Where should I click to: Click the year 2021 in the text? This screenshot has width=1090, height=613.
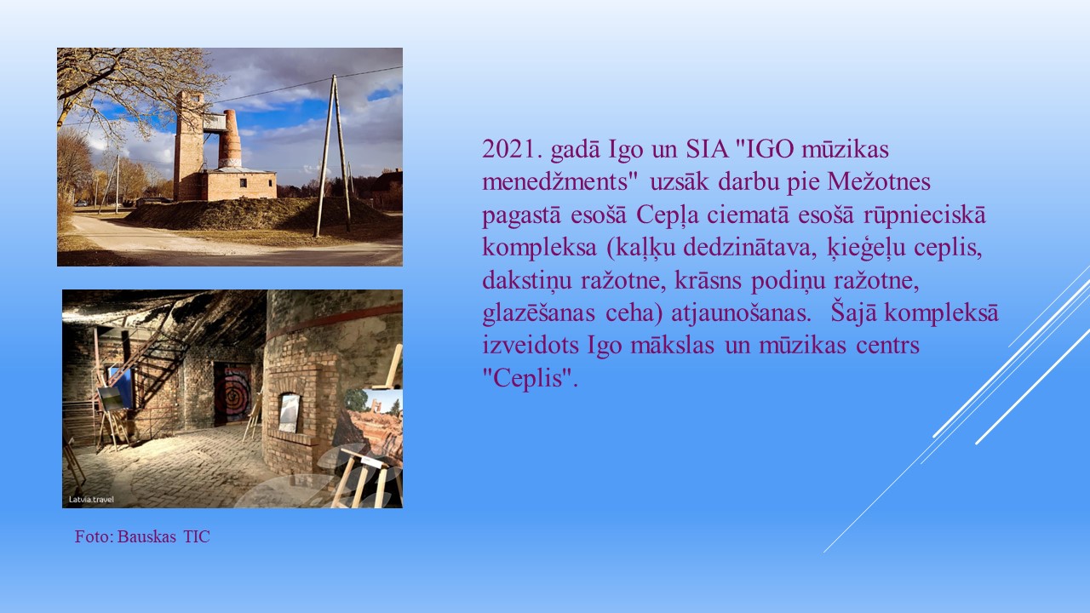pyautogui.click(x=512, y=149)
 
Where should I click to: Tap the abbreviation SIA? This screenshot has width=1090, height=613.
pyautogui.click(x=707, y=149)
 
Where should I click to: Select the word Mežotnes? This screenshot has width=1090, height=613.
pyautogui.click(x=879, y=181)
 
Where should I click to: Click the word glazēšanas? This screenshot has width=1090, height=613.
pyautogui.click(x=538, y=313)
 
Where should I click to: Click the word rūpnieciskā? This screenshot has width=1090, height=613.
pyautogui.click(x=925, y=215)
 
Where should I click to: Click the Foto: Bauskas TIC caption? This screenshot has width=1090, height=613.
pyautogui.click(x=142, y=536)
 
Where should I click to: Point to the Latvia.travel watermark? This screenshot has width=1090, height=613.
pyautogui.click(x=91, y=500)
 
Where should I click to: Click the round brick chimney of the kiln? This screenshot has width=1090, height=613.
pyautogui.click(x=230, y=139)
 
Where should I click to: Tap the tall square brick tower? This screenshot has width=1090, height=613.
pyautogui.click(x=188, y=145)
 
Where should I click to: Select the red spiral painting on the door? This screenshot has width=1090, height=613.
pyautogui.click(x=232, y=393)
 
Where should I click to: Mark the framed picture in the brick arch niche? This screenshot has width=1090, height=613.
pyautogui.click(x=289, y=413)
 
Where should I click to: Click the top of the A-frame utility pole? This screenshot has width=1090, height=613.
pyautogui.click(x=334, y=77)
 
